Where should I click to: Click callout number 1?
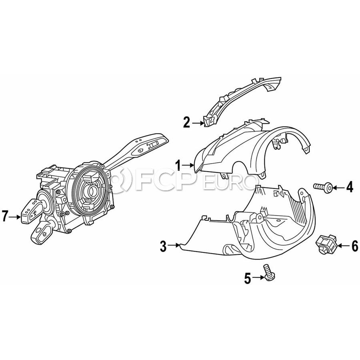pyautogui.click(x=178, y=165)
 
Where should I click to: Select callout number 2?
pyautogui.click(x=187, y=122)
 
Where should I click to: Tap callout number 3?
pyautogui.click(x=163, y=246)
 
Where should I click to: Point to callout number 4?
pyautogui.click(x=350, y=187)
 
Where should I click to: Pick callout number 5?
pyautogui.click(x=248, y=278)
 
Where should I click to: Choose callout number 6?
pyautogui.click(x=355, y=246)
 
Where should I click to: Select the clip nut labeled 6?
pyautogui.click(x=325, y=244)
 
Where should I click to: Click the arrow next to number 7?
pyautogui.click(x=15, y=216)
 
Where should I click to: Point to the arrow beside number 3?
pyautogui.click(x=174, y=246)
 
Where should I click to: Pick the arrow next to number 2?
pyautogui.click(x=198, y=123)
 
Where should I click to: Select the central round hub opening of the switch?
pyautogui.click(x=91, y=190)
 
